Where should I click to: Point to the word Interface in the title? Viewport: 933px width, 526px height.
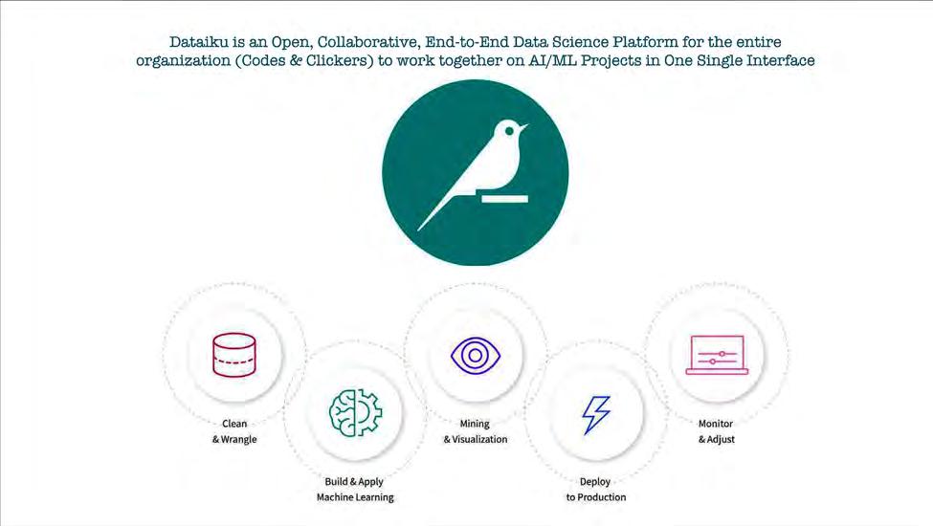point(777,61)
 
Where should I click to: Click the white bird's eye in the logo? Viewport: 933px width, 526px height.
point(512,129)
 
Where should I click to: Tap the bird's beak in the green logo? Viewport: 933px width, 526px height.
point(524,128)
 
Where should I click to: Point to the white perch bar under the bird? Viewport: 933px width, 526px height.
point(503,199)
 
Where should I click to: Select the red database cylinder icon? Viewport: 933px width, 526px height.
point(234,355)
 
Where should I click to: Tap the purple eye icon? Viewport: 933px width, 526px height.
point(476,355)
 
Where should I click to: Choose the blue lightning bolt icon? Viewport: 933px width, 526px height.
point(596,414)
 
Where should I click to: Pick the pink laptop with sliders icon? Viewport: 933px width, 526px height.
point(716,355)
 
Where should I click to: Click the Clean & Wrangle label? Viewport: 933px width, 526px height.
point(234,431)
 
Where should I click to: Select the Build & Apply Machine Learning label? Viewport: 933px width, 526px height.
point(355,490)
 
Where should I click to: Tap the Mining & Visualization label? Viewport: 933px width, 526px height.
point(476,431)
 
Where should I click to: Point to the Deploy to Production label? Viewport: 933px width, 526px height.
point(596,490)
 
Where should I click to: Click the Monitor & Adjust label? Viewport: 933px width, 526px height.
point(716,431)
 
